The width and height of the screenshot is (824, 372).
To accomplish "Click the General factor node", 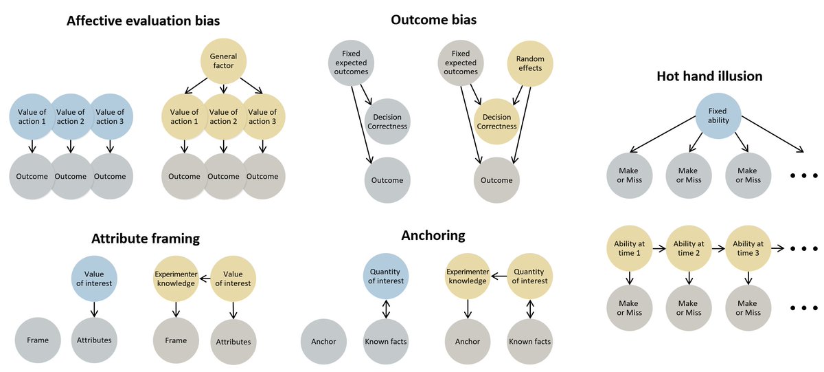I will pyautogui.click(x=223, y=61).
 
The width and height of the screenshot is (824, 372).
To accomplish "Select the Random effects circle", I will pyautogui.click(x=529, y=63).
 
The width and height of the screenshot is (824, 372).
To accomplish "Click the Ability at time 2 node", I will pyautogui.click(x=689, y=248).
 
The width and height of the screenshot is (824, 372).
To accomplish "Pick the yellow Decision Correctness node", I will pyautogui.click(x=496, y=122).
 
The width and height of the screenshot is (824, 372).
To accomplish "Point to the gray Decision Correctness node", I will pyautogui.click(x=387, y=122).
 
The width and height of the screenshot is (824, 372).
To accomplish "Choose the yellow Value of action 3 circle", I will pyautogui.click(x=262, y=117).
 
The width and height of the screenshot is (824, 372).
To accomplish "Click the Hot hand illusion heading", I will pyautogui.click(x=709, y=76).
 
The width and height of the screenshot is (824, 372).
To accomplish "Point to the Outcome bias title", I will pyautogui.click(x=433, y=21).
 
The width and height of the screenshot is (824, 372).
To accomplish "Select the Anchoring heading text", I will pyautogui.click(x=433, y=236).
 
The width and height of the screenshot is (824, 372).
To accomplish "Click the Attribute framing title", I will pyautogui.click(x=146, y=239).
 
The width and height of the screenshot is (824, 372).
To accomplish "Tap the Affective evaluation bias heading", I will pyautogui.click(x=143, y=21).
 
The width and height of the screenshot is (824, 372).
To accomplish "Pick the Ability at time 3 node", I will pyautogui.click(x=748, y=248).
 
